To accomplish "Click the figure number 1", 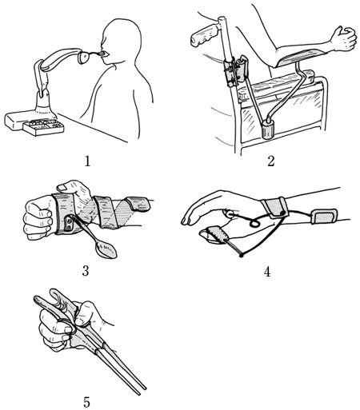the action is (x=87, y=161).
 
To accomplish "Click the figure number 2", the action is (x=271, y=161).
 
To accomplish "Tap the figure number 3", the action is (x=86, y=271).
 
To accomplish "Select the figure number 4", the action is (x=267, y=272).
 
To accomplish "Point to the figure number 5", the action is (x=86, y=402).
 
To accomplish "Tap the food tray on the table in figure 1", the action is (x=43, y=127).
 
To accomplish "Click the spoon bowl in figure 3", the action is (x=106, y=249).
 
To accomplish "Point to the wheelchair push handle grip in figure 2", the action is (x=205, y=35).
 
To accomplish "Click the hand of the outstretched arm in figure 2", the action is (x=344, y=38).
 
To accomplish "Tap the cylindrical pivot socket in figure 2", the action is (x=269, y=129).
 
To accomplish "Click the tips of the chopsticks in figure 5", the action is (x=142, y=389).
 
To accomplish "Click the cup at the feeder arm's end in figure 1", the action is (x=85, y=58).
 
